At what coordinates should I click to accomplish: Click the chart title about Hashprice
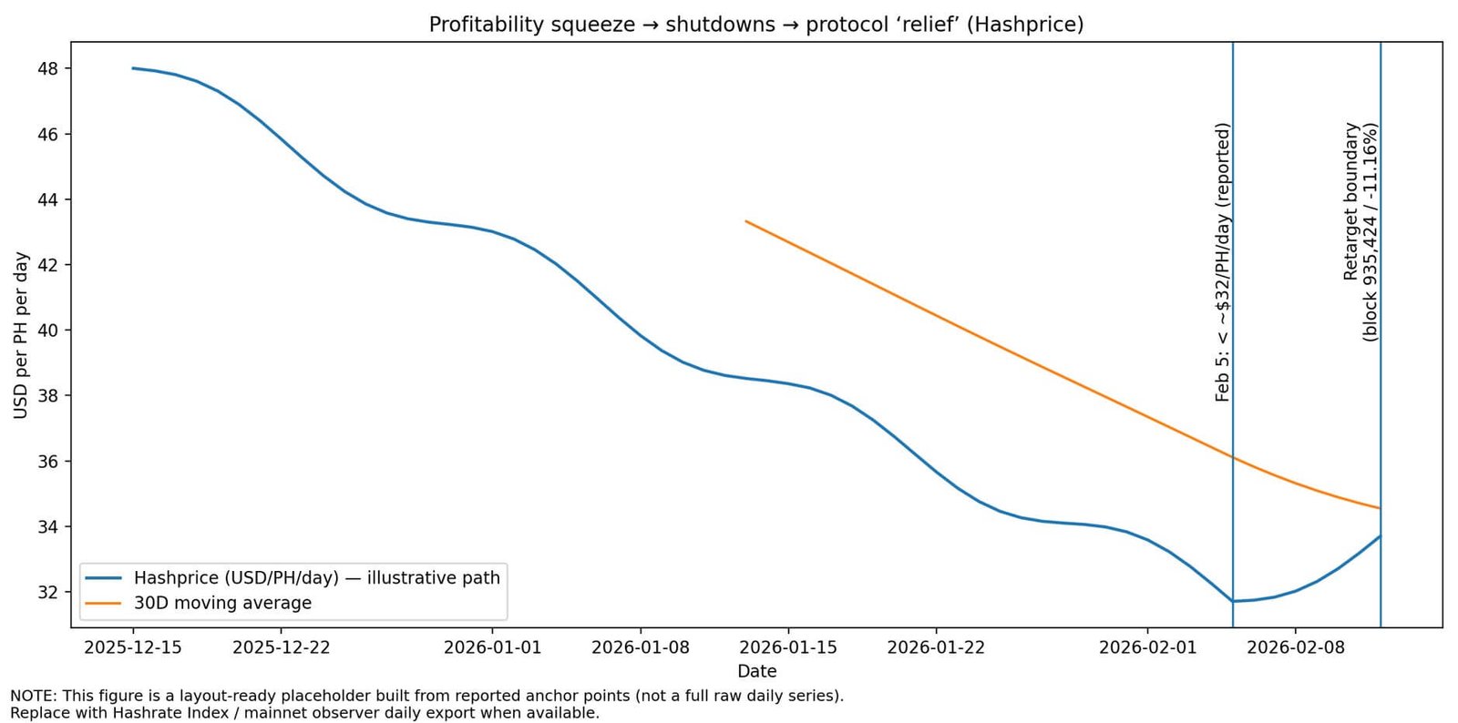(x=756, y=25)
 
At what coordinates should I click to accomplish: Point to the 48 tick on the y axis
(x=48, y=68)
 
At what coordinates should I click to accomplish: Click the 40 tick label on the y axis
(x=48, y=331)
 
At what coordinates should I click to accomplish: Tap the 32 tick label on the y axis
(x=48, y=592)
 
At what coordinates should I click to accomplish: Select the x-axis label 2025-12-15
(x=133, y=647)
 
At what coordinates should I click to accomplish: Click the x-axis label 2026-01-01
(x=492, y=647)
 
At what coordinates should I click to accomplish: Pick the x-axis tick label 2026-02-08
(x=1295, y=647)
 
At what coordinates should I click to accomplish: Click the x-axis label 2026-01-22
(x=936, y=647)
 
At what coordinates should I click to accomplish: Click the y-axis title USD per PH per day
(x=21, y=335)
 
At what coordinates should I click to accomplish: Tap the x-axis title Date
(x=756, y=671)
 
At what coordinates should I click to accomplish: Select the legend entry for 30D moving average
(x=222, y=603)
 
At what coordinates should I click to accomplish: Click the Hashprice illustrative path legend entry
(x=316, y=578)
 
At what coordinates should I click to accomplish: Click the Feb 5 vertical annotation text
(x=1222, y=262)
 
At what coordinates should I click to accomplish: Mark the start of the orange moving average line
(x=746, y=221)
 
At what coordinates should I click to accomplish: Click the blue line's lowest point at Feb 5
(x=1233, y=601)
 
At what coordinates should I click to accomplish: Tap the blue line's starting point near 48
(x=133, y=67)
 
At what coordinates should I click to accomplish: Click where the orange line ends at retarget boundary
(x=1380, y=508)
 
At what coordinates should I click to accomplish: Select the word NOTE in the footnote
(x=30, y=696)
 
